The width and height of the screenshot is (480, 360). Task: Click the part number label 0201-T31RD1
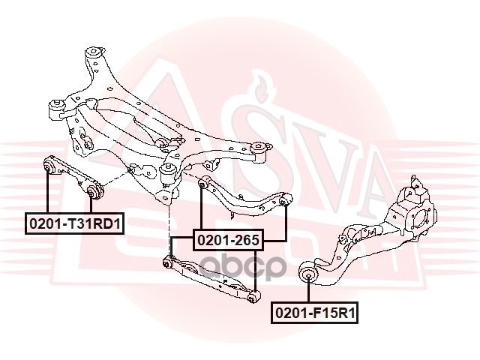pos(75,223)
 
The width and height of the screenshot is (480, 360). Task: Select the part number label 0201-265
pos(228,240)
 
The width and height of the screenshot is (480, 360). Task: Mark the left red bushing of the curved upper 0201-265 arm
pos(202,182)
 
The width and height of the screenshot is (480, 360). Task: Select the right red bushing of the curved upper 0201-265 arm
pos(286,202)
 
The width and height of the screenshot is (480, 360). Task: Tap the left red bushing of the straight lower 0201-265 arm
pos(170,262)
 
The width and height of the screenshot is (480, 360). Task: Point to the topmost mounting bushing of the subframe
pos(94,53)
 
